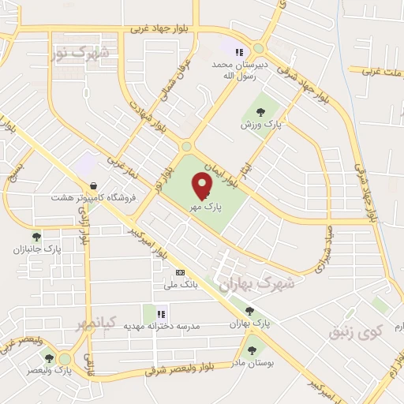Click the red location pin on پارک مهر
[203, 186]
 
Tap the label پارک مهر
[204, 207]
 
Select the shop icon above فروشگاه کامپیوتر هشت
[94, 185]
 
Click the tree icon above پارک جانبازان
[36, 235]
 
